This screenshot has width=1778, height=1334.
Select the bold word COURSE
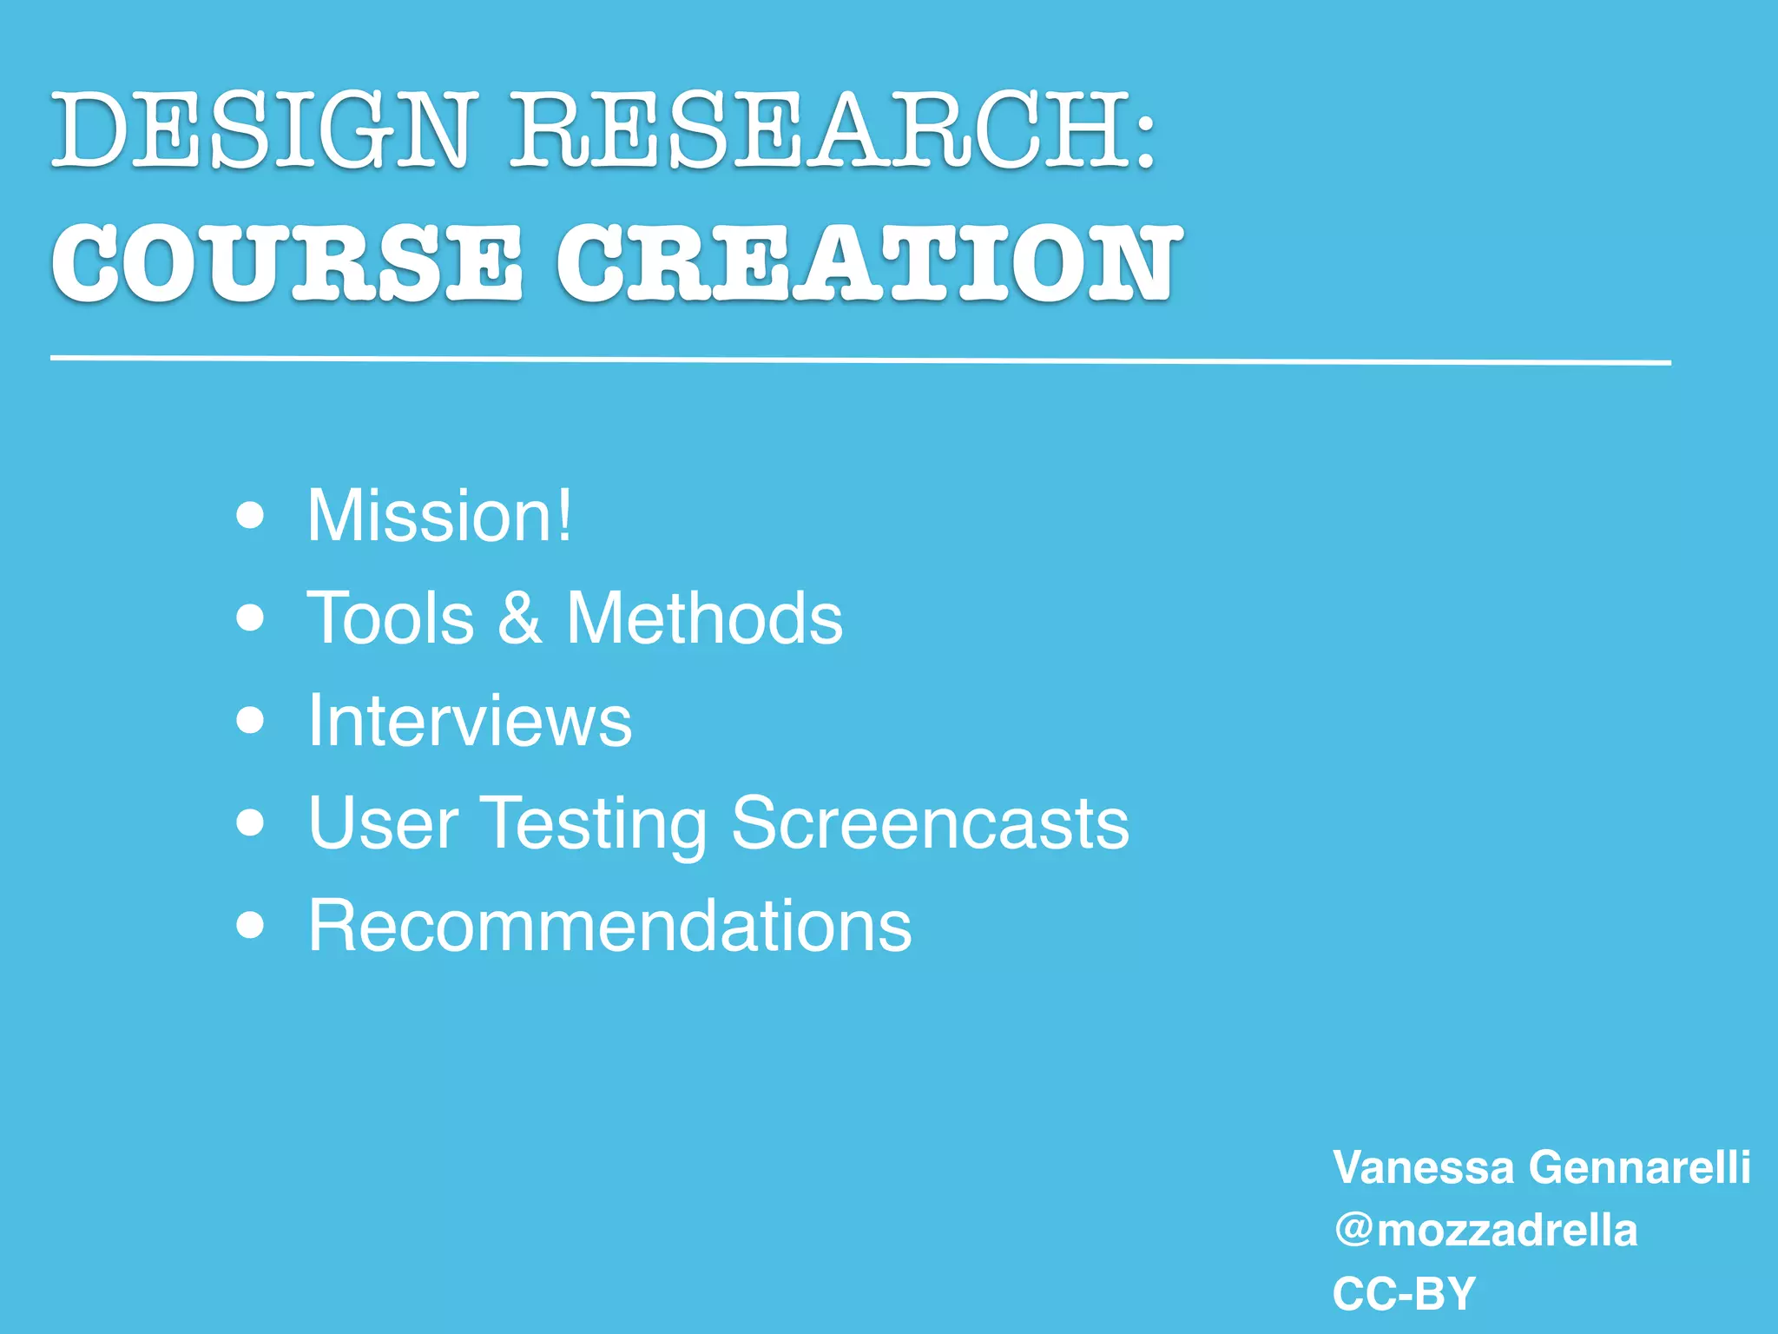[287, 262]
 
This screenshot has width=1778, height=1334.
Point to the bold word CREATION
[869, 262]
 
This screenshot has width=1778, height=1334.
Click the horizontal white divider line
[859, 360]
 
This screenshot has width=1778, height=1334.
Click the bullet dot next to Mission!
[250, 516]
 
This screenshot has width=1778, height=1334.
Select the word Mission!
[439, 516]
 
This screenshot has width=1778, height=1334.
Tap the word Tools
[391, 618]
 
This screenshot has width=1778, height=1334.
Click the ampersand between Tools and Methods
[520, 618]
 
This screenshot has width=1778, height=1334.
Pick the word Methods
[704, 618]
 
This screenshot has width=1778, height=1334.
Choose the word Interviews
[470, 720]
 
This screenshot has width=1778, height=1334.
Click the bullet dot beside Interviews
[250, 720]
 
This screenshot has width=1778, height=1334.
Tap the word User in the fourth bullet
[383, 822]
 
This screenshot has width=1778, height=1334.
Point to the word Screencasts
[930, 822]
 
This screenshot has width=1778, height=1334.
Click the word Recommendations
[609, 926]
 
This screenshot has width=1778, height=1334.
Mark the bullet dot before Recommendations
[250, 926]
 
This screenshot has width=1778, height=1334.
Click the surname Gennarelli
[1639, 1166]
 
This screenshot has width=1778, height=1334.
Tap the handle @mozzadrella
[1485, 1231]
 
